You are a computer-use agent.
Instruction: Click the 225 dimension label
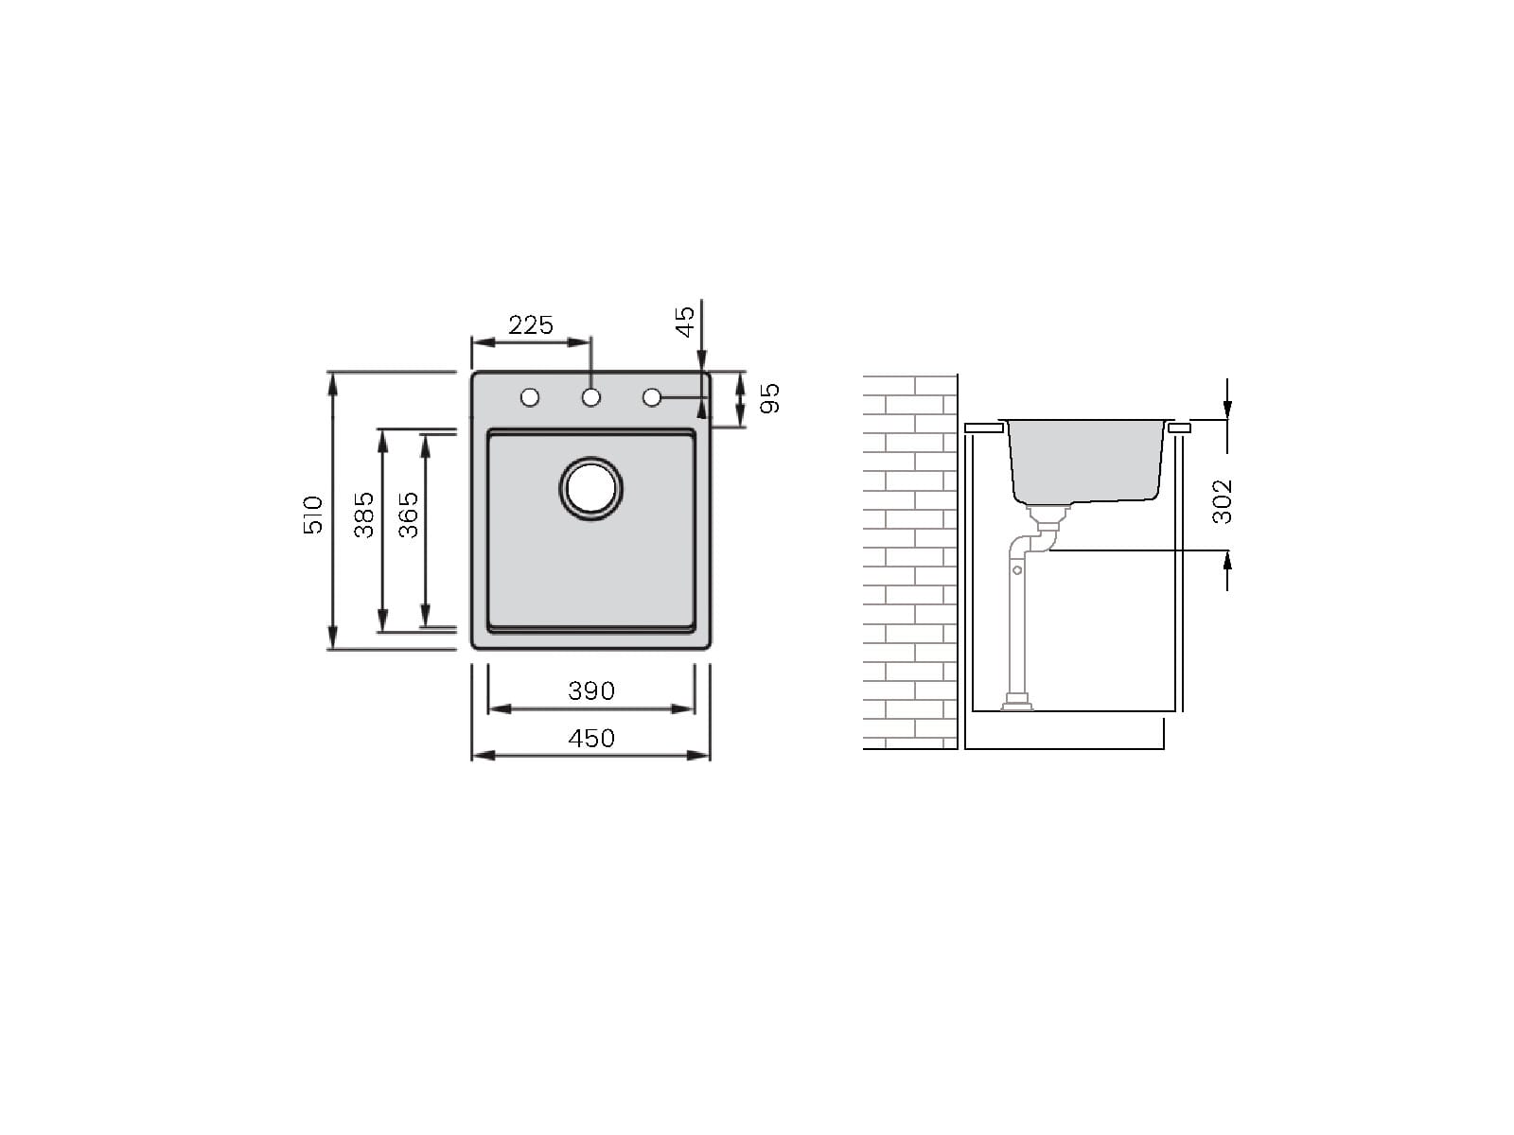pos(531,324)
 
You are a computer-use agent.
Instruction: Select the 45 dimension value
pos(685,322)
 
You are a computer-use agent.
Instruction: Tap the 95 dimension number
pos(769,398)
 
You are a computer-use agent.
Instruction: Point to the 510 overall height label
pos(312,515)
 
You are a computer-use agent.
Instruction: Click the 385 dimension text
pos(363,515)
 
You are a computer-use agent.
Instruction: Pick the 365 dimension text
pos(409,515)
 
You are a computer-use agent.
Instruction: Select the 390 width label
pos(591,690)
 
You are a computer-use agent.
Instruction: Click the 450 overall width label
pos(591,738)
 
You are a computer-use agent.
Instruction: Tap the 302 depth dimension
pos(1222,501)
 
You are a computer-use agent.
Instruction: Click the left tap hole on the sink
pos(530,397)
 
